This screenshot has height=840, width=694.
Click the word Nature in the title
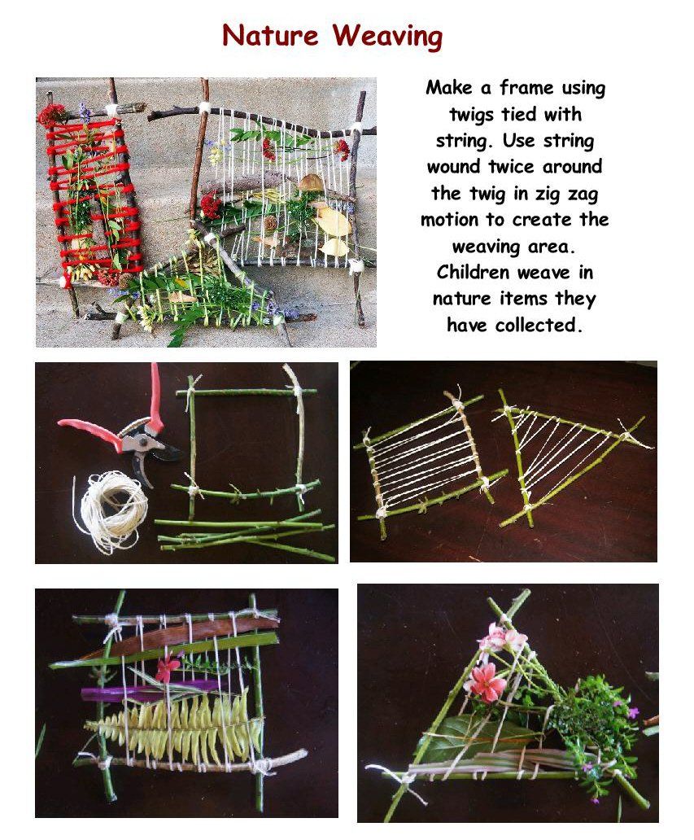(270, 35)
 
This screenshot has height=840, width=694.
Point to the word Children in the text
(473, 272)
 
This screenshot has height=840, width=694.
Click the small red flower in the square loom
(167, 666)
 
